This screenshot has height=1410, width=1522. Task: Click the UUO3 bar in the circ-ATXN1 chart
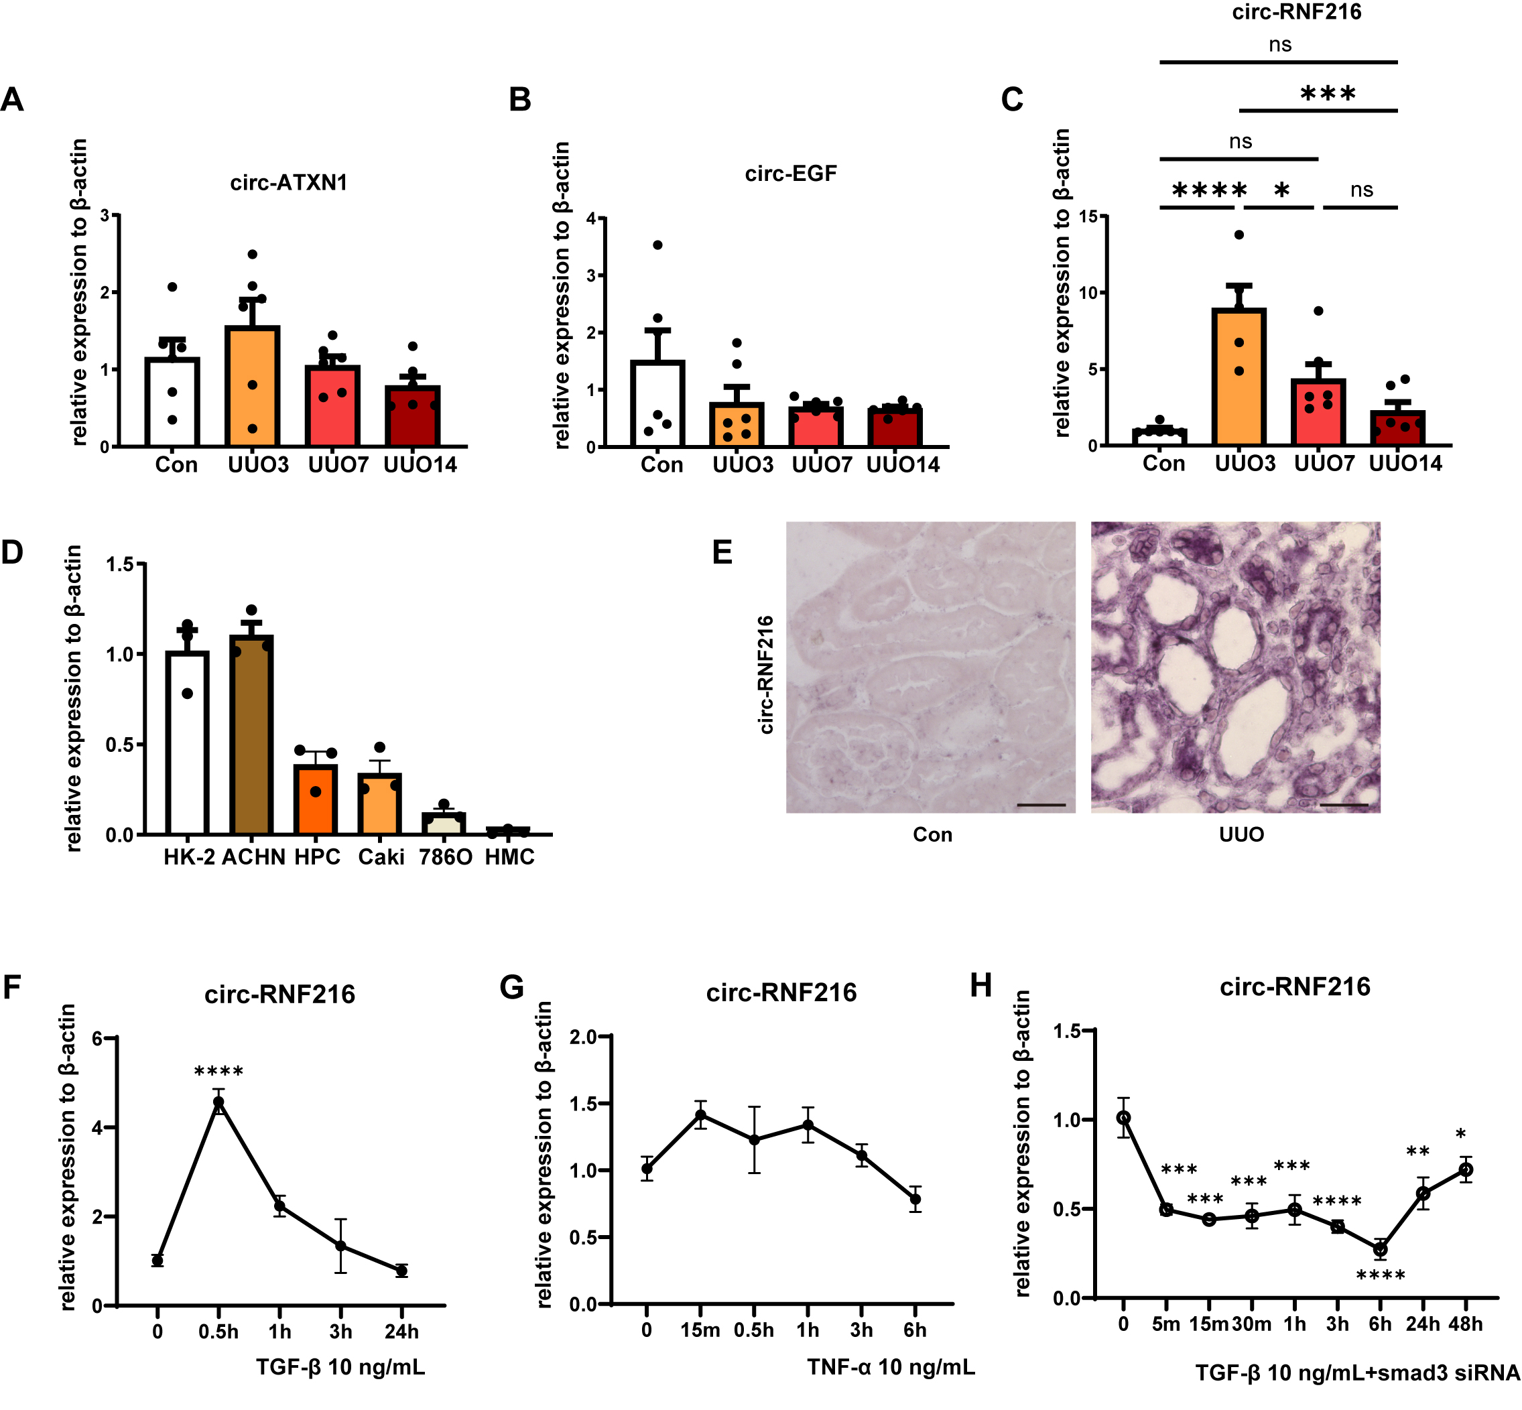pos(253,385)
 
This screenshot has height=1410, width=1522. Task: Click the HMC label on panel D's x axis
pos(509,857)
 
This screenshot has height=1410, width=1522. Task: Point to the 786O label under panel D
pos(446,857)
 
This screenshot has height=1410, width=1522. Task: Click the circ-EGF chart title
pos(790,174)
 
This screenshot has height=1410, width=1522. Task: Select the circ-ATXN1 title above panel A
pos(288,183)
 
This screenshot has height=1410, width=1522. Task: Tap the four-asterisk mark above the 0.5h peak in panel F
pos(219,1073)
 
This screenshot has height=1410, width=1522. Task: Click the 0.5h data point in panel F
pos(219,1102)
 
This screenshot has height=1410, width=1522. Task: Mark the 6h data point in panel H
pos(1380,1250)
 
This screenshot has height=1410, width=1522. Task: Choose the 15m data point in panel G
pos(700,1114)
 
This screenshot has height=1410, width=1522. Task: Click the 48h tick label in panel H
pos(1466,1324)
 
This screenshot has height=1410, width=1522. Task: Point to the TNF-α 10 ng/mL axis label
pos(890,1366)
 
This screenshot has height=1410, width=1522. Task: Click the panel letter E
pos(722,552)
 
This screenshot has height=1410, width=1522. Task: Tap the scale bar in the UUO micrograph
pos(1344,804)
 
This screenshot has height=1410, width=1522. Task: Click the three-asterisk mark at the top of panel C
pos(1328,94)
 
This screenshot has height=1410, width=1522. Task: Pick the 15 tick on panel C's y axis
pos(1088,216)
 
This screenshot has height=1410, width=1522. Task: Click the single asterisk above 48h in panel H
pos(1460,1135)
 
